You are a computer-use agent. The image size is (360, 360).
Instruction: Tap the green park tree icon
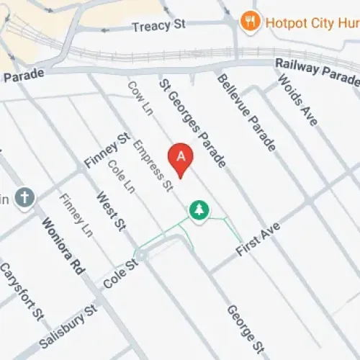click(198, 210)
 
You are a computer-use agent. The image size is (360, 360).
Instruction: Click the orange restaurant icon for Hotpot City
click(251, 21)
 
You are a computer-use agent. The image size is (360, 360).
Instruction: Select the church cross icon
click(24, 197)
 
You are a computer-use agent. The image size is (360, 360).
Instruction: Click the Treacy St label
click(158, 26)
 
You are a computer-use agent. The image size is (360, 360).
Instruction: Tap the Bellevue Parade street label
click(246, 112)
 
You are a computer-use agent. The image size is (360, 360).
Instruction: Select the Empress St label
click(154, 165)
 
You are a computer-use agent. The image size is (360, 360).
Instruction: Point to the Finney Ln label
click(76, 215)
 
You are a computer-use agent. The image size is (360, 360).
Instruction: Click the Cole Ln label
click(120, 176)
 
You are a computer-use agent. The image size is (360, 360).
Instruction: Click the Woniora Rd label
click(63, 246)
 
